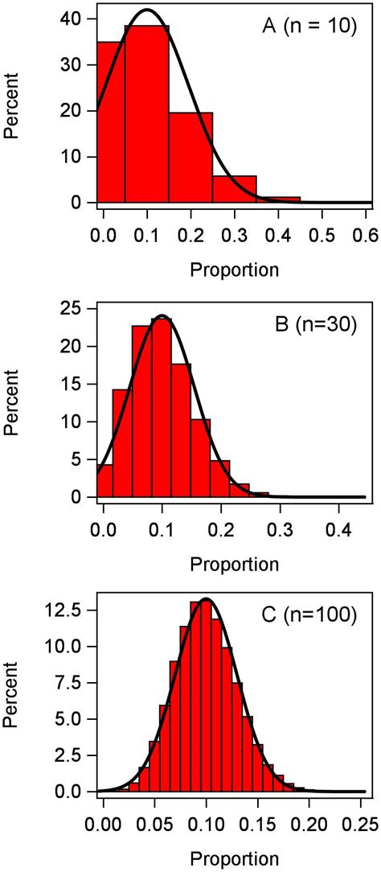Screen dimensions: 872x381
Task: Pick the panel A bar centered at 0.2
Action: click(x=190, y=157)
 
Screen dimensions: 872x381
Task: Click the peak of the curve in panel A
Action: click(x=146, y=10)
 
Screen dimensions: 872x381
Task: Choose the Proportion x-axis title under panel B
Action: click(x=234, y=564)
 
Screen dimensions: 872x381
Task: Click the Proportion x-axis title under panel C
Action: click(x=234, y=858)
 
